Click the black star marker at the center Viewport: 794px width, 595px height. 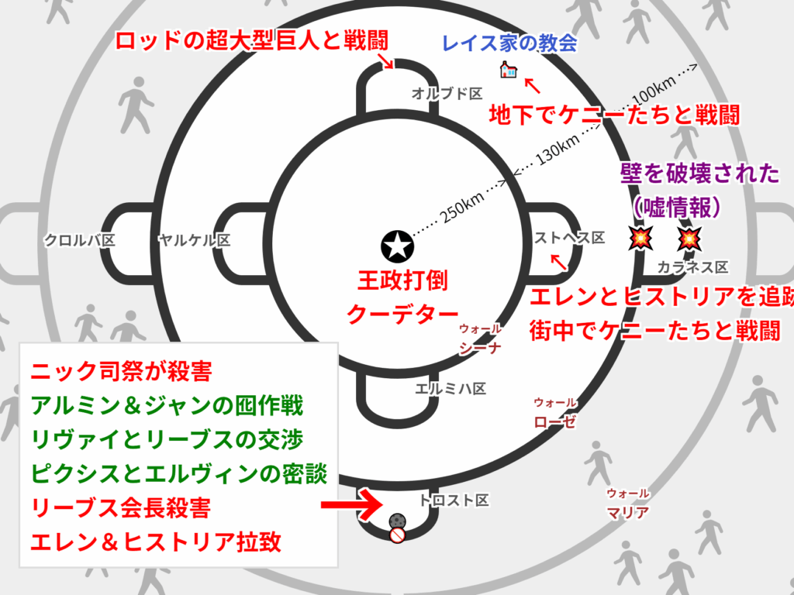[397, 246]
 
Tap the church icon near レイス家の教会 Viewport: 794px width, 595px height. [508, 71]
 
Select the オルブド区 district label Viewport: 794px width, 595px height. [447, 94]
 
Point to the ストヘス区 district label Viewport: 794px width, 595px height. [570, 239]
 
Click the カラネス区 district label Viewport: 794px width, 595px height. [692, 267]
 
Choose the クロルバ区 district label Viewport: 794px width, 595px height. [79, 240]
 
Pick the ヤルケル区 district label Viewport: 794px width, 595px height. [193, 240]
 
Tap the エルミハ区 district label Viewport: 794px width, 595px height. [451, 388]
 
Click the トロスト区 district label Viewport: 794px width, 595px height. [454, 500]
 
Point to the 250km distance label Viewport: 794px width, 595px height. [462, 205]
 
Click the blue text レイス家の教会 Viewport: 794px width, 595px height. [509, 43]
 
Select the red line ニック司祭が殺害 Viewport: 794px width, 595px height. [122, 371]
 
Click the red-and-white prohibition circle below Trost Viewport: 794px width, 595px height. [397, 535]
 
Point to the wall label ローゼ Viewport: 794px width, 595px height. [554, 421]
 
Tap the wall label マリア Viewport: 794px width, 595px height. [628, 512]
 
